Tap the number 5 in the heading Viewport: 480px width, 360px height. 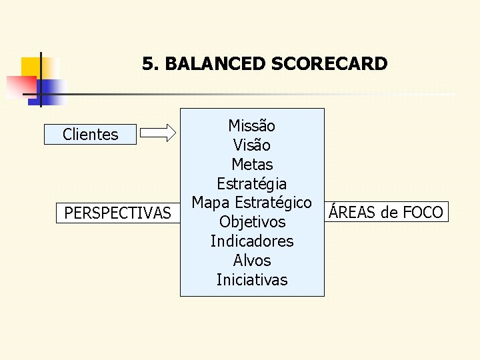[148, 64]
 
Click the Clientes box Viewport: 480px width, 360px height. [90, 135]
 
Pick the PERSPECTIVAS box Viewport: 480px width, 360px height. [117, 213]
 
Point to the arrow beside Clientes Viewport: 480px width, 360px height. [160, 134]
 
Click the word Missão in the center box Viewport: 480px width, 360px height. [251, 125]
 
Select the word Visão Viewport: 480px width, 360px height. [251, 145]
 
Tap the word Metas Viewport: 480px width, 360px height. [251, 164]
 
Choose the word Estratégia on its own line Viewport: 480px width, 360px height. [251, 183]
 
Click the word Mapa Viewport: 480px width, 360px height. [210, 202]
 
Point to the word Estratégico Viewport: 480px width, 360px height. [273, 202]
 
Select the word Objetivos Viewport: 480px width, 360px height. [251, 221]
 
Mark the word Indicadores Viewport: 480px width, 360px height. [251, 241]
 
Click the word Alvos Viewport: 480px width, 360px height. [251, 260]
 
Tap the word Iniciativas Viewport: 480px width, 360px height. [251, 279]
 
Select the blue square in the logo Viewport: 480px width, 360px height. [51, 90]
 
